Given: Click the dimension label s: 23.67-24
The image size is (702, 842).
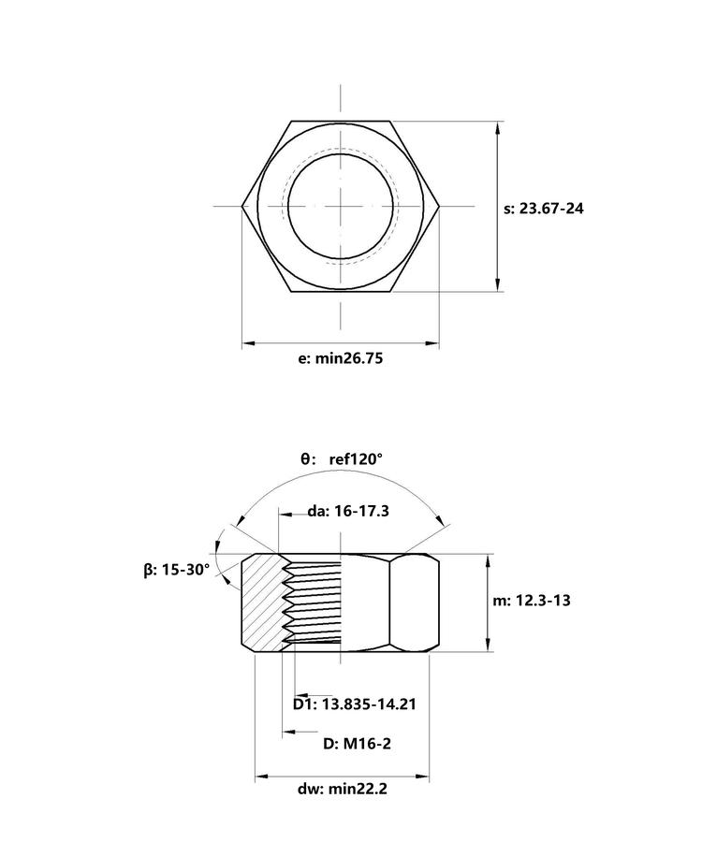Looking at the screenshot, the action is click(x=543, y=209).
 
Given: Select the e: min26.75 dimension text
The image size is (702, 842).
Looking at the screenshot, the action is click(x=341, y=358).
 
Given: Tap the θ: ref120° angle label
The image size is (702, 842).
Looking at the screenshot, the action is click(x=342, y=459).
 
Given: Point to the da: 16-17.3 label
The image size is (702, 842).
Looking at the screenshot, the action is click(x=348, y=511).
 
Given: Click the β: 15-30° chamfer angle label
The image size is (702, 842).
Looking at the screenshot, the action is click(x=177, y=570).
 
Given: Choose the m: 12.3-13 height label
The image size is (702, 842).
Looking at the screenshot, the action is click(x=532, y=601).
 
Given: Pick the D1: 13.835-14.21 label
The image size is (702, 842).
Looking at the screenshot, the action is click(x=355, y=704).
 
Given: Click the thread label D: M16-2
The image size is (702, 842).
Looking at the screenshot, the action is click(x=357, y=744).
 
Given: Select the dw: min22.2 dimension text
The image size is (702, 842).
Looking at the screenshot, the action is click(x=343, y=789).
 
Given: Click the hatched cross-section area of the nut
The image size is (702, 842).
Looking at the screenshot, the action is click(x=261, y=602).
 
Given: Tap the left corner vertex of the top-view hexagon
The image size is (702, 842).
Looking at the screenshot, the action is click(x=241, y=206).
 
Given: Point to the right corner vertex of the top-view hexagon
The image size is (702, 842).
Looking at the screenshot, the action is click(x=439, y=206).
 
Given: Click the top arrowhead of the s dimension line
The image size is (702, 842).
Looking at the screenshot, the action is click(x=498, y=128).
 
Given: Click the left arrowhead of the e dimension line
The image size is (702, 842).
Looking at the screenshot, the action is click(x=248, y=342).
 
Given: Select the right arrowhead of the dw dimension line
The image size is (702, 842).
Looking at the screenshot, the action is click(x=422, y=776).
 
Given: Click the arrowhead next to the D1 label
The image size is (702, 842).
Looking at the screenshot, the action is click(x=301, y=695).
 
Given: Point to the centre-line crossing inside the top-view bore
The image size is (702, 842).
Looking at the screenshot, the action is click(x=341, y=206).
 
